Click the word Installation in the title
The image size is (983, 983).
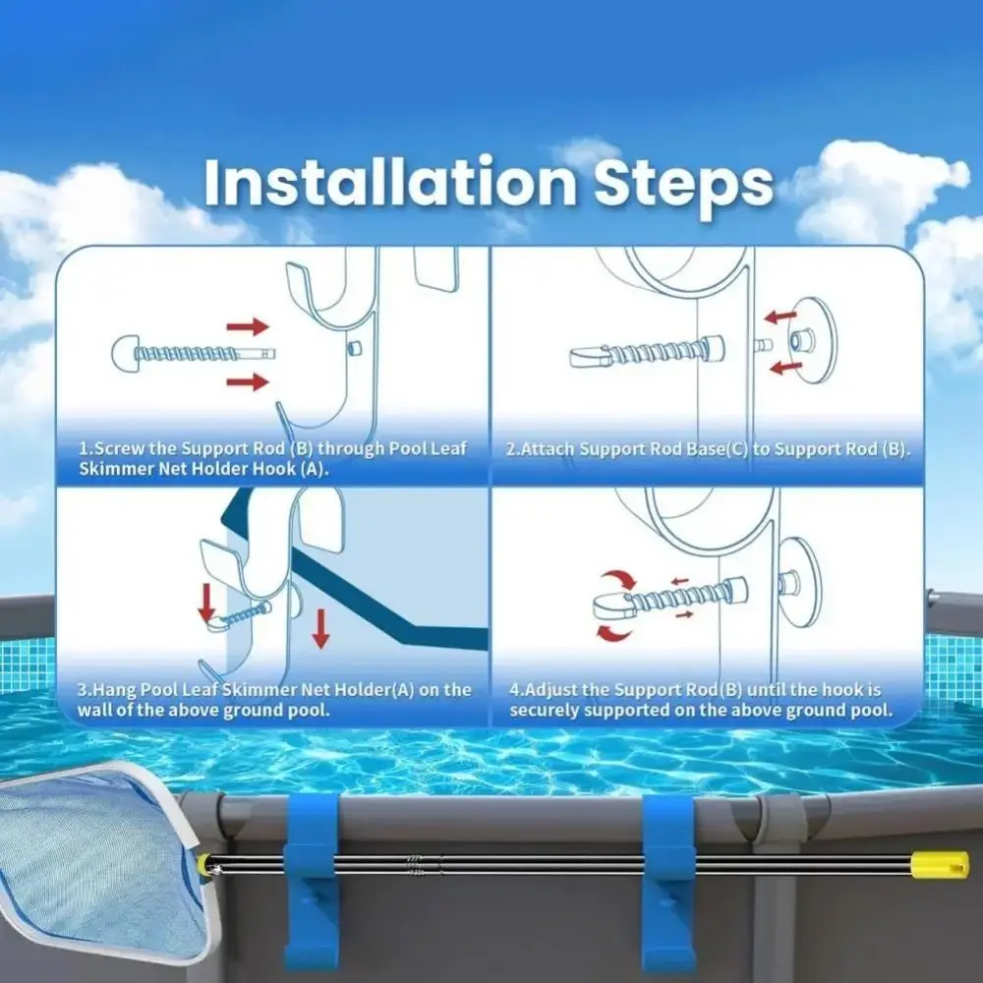click(x=390, y=182)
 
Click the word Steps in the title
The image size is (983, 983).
click(x=684, y=186)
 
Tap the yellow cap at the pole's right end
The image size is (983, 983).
click(x=939, y=864)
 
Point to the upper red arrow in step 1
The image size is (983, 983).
click(x=248, y=326)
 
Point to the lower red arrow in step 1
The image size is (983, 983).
click(x=248, y=381)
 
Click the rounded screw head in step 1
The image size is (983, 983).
click(x=125, y=354)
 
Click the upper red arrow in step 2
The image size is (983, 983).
click(x=781, y=316)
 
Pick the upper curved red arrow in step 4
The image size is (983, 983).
click(x=619, y=579)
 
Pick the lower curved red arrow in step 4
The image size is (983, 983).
click(x=613, y=633)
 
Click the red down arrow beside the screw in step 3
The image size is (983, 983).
click(x=206, y=604)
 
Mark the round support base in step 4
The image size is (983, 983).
click(x=800, y=582)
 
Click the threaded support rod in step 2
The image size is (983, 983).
click(x=648, y=353)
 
